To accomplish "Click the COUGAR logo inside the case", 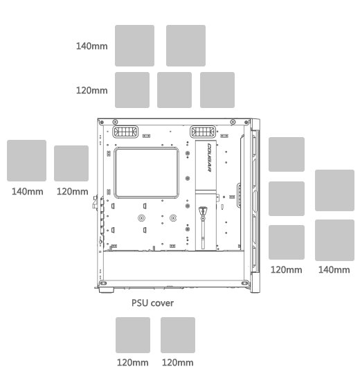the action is tap(210, 157).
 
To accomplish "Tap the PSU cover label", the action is tap(152, 303).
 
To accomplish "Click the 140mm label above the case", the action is tap(92, 46).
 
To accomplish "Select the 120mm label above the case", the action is tap(92, 91).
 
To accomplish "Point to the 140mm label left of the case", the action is tap(28, 192).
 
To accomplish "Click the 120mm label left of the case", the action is tap(72, 192).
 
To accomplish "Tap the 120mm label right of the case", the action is tap(286, 270).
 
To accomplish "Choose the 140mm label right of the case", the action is tap(334, 270).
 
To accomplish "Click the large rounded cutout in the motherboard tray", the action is tap(147, 173).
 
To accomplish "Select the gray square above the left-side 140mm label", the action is tap(27, 161).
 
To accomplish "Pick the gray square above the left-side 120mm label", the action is tap(71, 163).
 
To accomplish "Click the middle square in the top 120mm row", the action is tap(174, 90).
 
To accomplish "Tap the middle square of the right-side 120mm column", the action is tap(287, 199).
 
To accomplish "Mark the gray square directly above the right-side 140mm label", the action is tap(334, 240).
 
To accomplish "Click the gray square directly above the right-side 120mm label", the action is tap(287, 242).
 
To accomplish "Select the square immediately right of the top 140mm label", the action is tap(134, 46).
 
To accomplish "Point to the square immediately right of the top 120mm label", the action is tap(132, 90).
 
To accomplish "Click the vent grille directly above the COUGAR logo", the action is tap(203, 132).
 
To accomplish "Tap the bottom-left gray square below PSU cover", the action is tap(133, 335).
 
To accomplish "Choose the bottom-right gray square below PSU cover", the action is tap(178, 335).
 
